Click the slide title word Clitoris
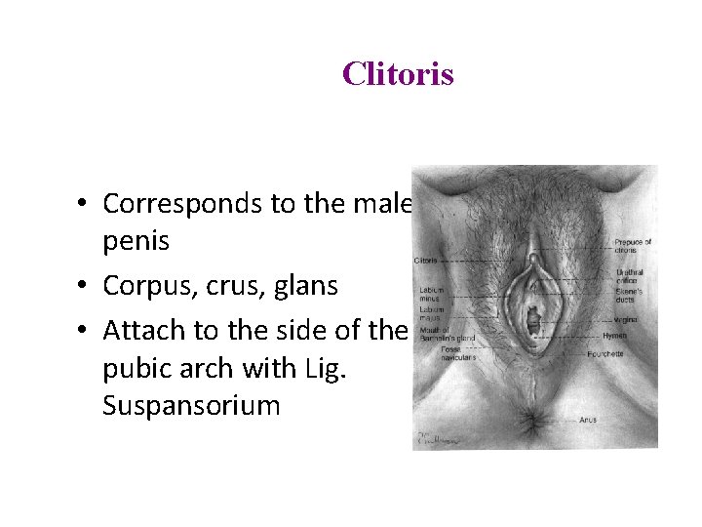tap(398, 74)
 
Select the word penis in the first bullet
tap(136, 241)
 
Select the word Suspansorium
tap(190, 405)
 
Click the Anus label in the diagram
tap(614, 421)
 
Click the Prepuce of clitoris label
tap(633, 246)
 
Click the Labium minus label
tap(432, 294)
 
